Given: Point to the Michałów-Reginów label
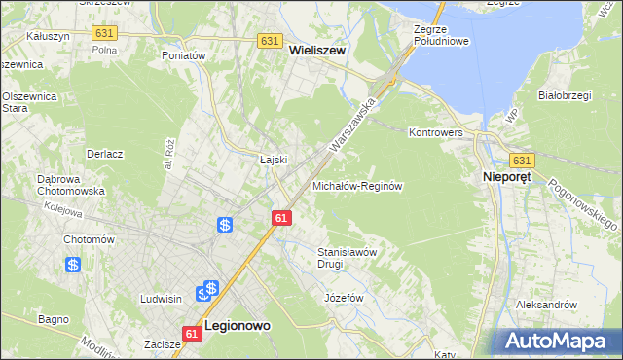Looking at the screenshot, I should point(357,185).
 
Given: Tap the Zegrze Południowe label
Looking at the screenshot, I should point(441,35).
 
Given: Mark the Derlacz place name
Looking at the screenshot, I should point(104,154).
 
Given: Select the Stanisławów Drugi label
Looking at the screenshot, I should point(348,257).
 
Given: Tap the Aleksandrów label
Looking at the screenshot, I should point(547,305).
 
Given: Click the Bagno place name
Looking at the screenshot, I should point(53,318).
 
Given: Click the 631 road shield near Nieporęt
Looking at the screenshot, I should point(522,161).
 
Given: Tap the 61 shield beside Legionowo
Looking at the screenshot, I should point(192,334).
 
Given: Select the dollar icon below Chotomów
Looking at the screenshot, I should point(73,264).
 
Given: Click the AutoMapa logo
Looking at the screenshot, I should point(558,342).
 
